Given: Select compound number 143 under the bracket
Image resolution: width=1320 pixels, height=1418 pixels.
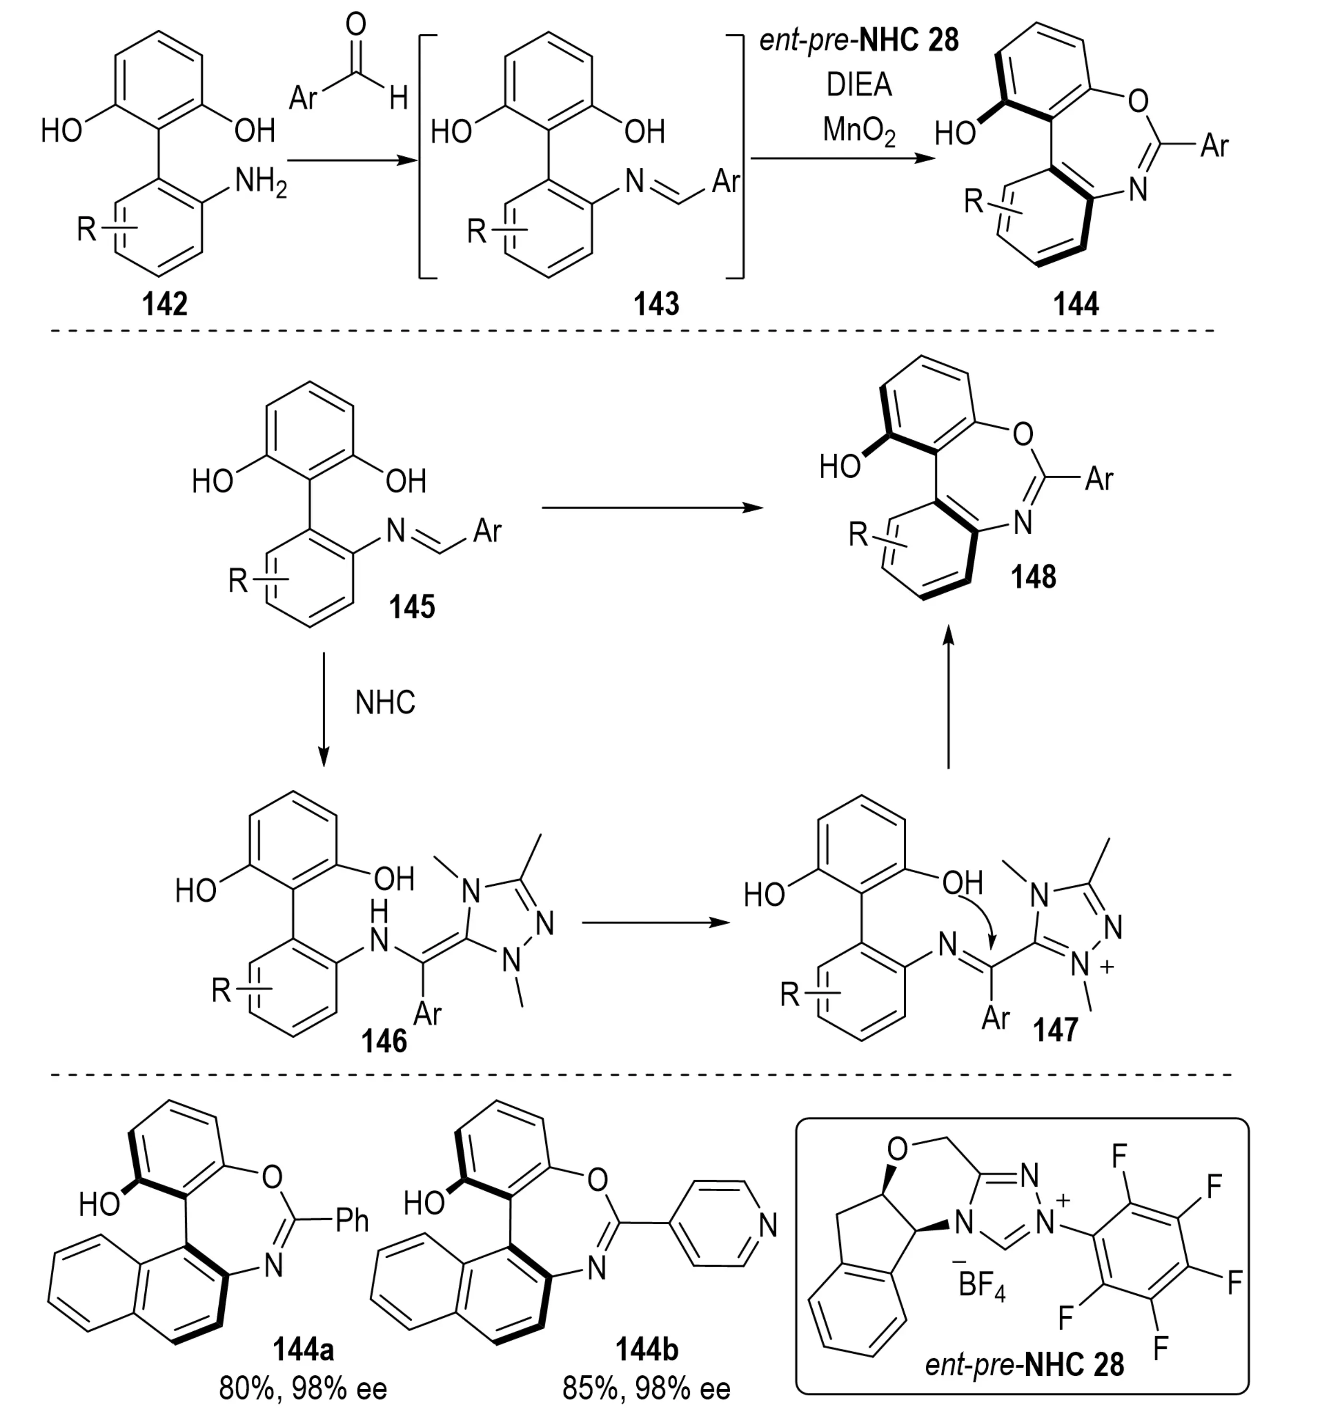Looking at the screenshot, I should coord(656,305).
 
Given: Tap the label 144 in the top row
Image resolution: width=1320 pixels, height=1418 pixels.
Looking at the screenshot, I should coord(1076,305).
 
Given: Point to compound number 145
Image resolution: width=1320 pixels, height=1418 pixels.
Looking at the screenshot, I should coord(411,607).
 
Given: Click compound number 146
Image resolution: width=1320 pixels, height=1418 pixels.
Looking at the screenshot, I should coord(384,1042).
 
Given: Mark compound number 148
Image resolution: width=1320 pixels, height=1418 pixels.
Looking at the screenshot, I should coord(1033,576).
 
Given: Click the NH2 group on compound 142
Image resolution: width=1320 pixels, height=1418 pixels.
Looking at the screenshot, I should coord(260,184).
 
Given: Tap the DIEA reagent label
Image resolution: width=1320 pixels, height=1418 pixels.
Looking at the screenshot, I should coord(859,85).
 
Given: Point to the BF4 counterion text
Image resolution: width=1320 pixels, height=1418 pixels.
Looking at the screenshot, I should coord(981,1285).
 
